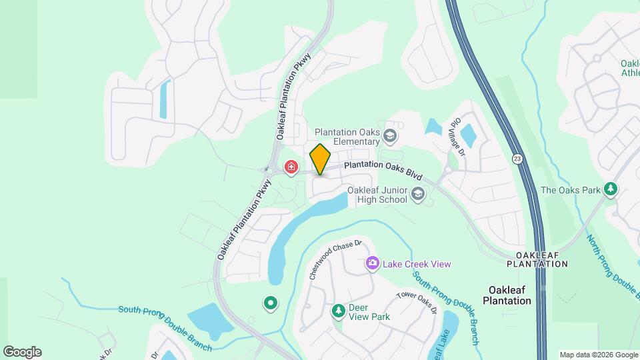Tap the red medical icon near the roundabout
click(291, 167)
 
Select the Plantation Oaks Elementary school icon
click(390, 137)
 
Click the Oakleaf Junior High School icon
click(418, 195)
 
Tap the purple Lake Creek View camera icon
click(372, 264)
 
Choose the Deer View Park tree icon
click(339, 311)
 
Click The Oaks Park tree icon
click(611, 189)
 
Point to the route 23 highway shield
click(517, 159)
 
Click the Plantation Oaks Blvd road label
click(383, 170)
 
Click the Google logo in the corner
click(22, 352)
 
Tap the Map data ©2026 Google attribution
click(598, 355)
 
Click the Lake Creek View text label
click(417, 264)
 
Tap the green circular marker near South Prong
click(270, 304)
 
